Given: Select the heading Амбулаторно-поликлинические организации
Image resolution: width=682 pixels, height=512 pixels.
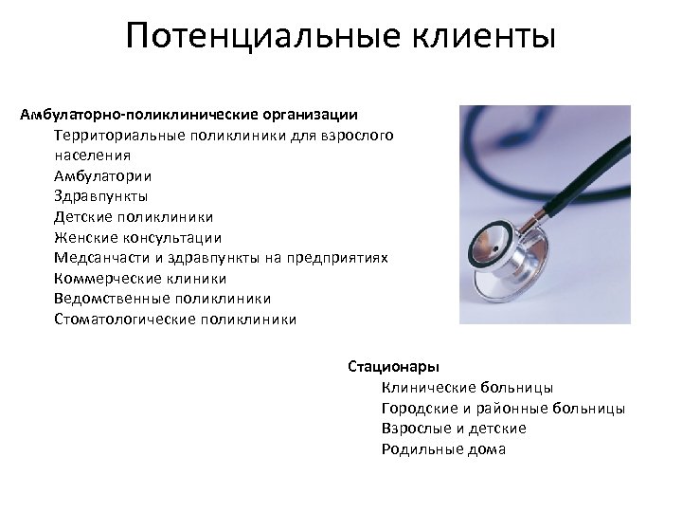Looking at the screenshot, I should click(189, 116).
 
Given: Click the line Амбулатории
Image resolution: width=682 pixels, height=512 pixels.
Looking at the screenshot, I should click(101, 175).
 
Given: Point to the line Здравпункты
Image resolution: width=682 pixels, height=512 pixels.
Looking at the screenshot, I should click(101, 196).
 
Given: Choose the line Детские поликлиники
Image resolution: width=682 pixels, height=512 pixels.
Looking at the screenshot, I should click(134, 217).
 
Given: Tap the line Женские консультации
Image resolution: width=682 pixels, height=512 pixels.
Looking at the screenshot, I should click(137, 237).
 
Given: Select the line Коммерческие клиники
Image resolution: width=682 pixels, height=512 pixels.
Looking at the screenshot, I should click(140, 279).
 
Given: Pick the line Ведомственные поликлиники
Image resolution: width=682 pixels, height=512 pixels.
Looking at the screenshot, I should click(155, 299).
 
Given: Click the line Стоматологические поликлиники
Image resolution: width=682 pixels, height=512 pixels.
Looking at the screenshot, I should click(174, 320).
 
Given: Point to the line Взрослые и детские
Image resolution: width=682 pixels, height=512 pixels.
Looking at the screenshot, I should click(454, 429).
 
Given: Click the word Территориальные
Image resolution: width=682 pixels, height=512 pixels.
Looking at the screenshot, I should click(121, 135).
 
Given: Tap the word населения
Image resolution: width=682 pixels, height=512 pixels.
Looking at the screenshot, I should click(93, 155).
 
